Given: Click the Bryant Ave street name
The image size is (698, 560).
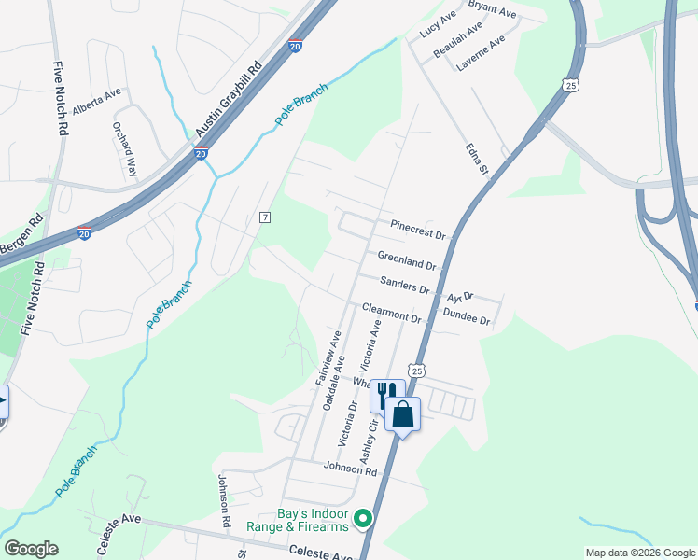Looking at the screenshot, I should (x=492, y=9).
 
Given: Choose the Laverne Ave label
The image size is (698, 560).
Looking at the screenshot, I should (x=480, y=51).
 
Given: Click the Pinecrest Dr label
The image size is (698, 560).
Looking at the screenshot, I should (x=419, y=230).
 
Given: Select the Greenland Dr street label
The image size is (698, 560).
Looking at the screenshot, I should (x=407, y=259).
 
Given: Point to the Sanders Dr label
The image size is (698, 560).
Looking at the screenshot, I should (x=405, y=286).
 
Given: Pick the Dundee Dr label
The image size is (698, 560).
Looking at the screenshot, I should (x=467, y=318).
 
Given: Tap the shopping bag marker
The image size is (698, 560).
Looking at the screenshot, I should (x=403, y=413).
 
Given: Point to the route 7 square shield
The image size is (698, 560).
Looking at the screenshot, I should (x=266, y=217).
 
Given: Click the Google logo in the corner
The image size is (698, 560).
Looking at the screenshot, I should (x=31, y=549).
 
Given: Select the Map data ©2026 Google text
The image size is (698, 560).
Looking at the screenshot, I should (x=639, y=553).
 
